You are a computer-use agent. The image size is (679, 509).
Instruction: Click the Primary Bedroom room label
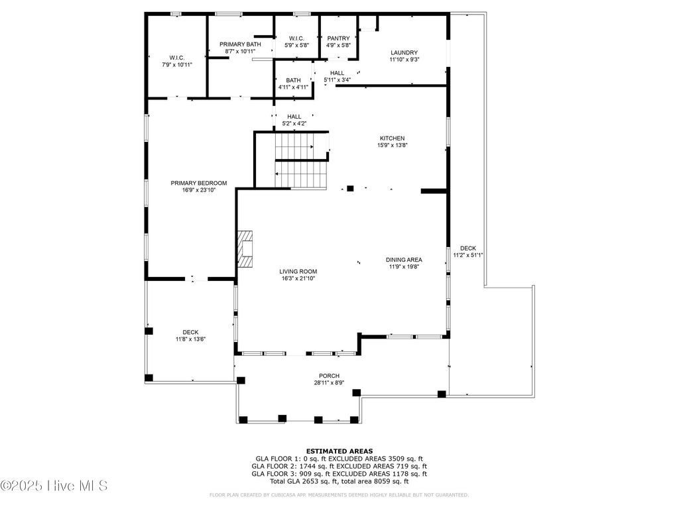coord(199,184)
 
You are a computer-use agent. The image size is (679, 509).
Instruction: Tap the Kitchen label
coord(392,139)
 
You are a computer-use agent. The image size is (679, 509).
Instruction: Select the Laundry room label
coord(404,52)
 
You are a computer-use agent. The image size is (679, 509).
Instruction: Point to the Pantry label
coord(338,38)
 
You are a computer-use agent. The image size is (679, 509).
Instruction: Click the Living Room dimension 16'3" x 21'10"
coord(298,279)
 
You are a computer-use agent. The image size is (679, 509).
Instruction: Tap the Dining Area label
coord(404,260)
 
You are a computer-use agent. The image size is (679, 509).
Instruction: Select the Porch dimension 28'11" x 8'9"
coord(330,383)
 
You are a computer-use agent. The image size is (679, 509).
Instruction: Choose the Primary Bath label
coord(240,44)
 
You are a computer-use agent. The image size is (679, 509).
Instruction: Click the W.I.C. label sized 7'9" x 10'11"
coord(176,58)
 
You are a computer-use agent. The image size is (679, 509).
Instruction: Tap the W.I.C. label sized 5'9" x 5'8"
coord(296,38)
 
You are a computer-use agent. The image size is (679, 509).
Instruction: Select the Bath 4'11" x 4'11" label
coord(293,80)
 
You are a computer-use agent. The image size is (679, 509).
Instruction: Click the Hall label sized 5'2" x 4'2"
coord(294,117)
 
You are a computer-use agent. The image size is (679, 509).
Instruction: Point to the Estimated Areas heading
coord(339,451)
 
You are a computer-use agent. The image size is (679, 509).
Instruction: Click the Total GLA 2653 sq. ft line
coord(339,481)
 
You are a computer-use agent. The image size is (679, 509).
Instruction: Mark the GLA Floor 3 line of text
coord(339,473)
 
